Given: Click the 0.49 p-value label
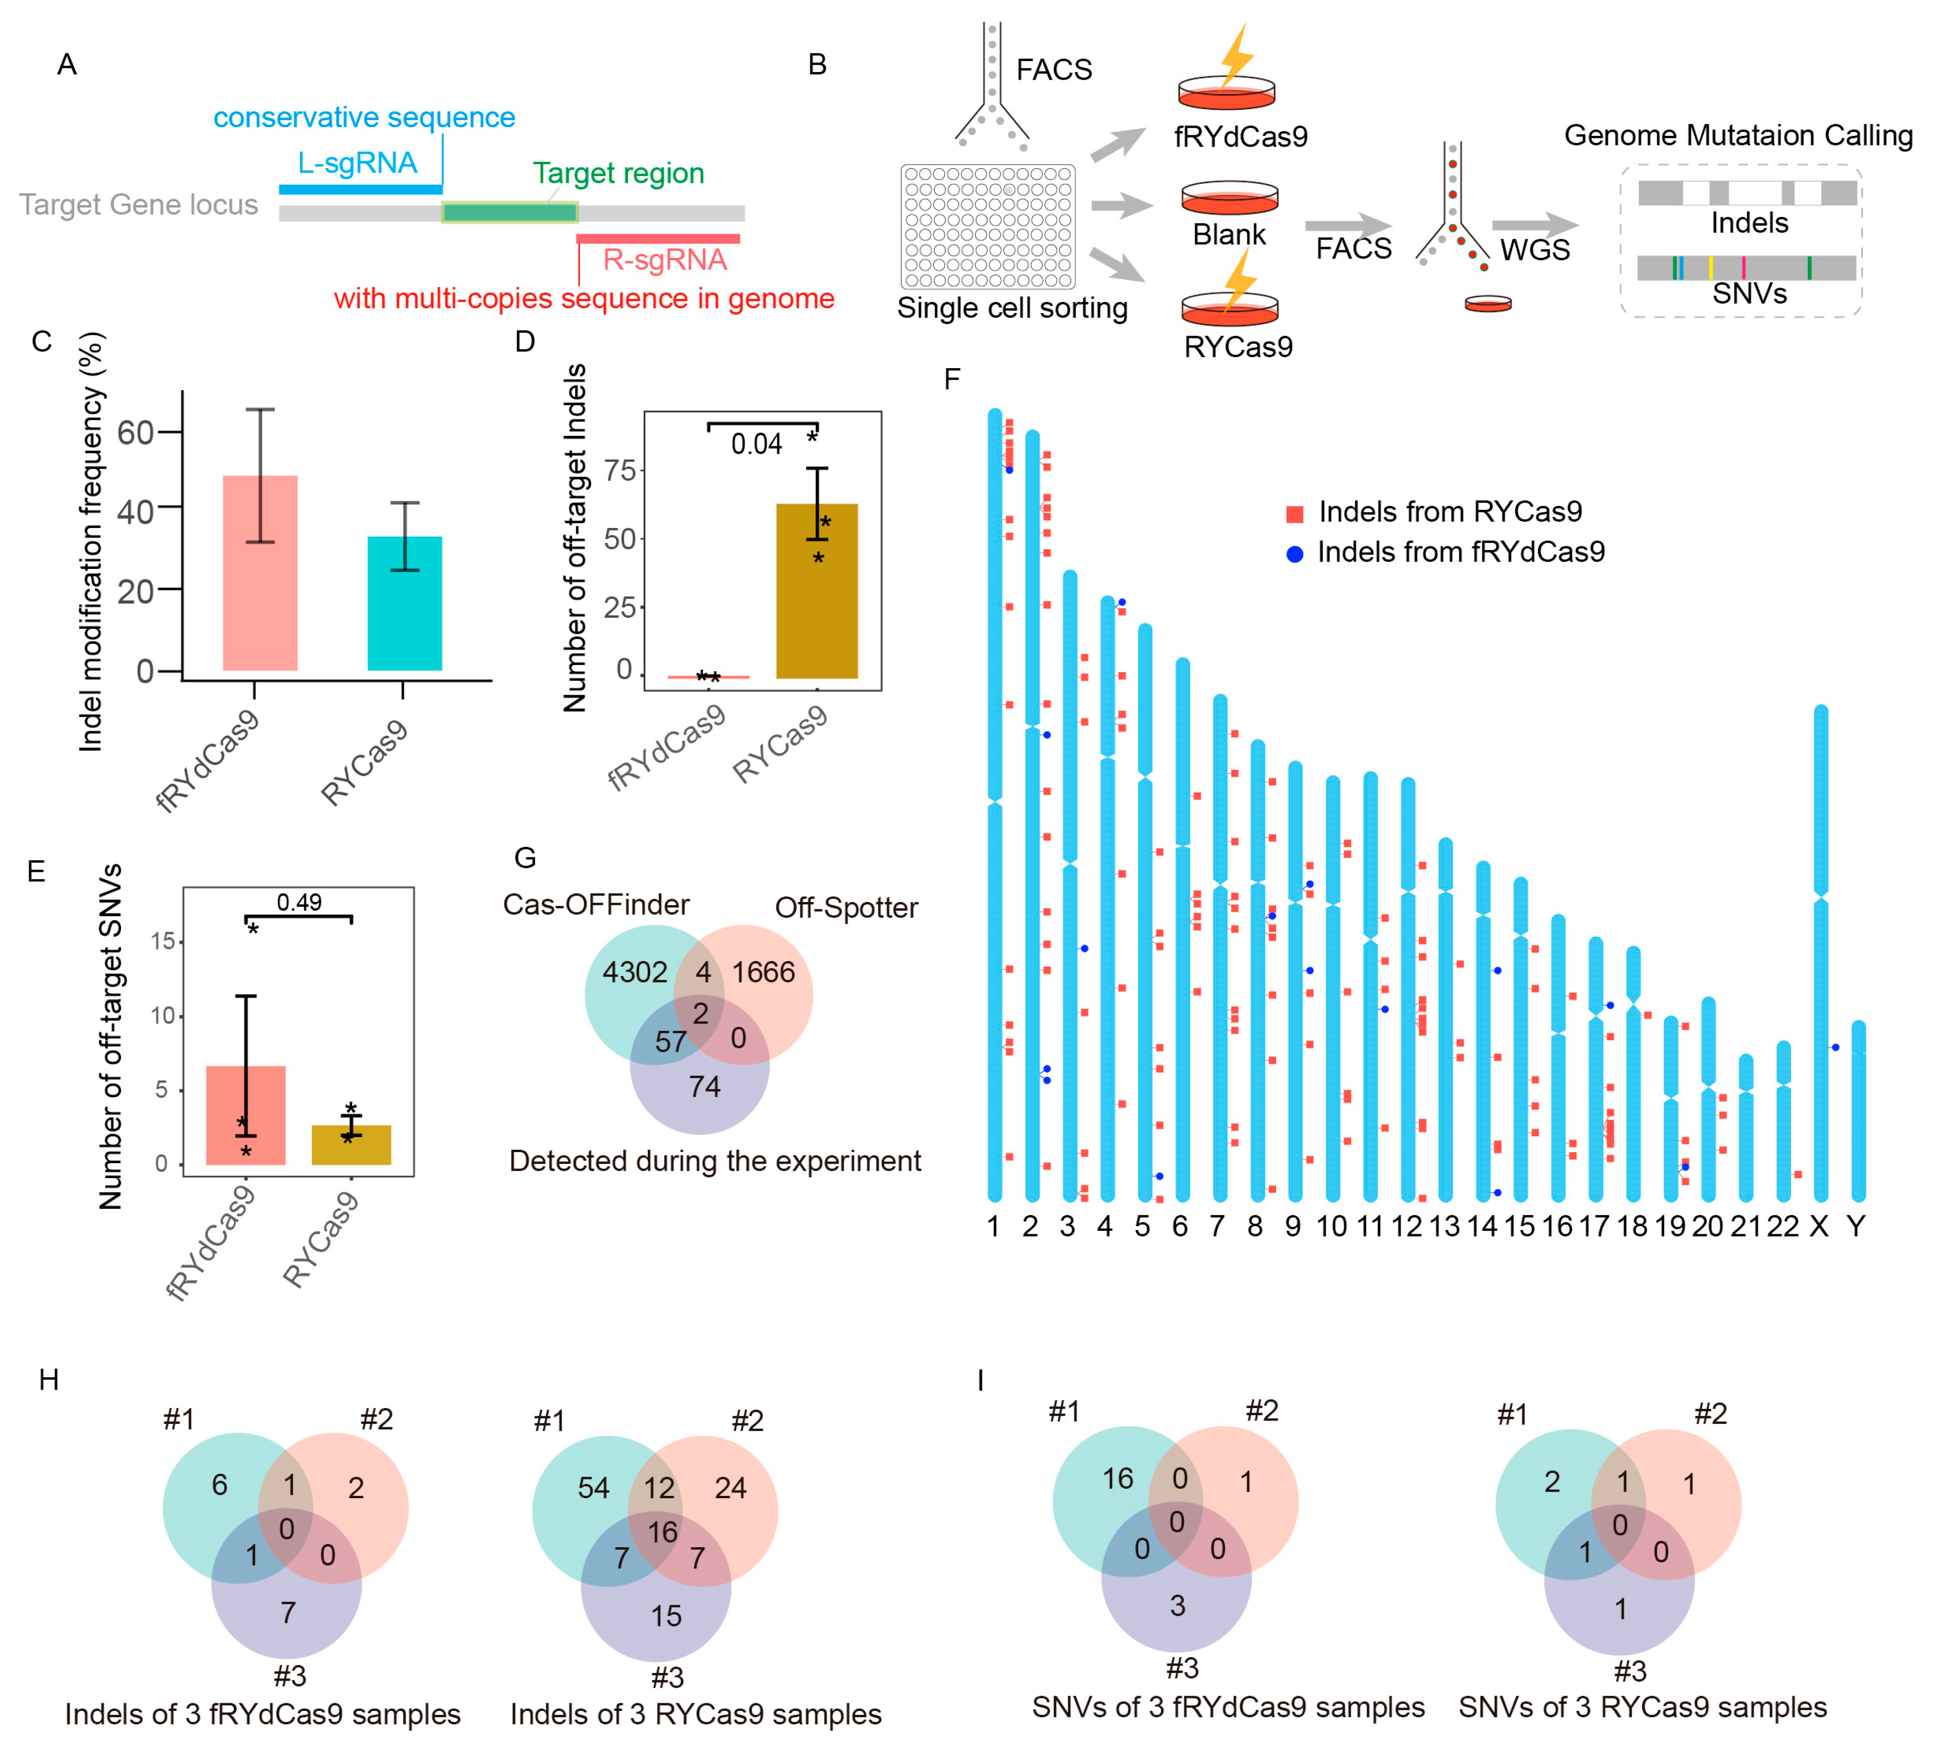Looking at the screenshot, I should (x=299, y=902).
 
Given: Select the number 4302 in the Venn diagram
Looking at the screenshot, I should (x=634, y=972).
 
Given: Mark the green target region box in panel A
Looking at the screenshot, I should (x=509, y=212).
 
